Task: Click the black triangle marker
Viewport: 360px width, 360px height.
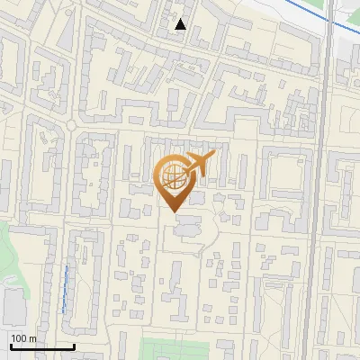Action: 181,24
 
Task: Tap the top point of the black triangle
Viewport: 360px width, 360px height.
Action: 181,19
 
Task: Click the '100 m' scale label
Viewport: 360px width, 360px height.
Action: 23,337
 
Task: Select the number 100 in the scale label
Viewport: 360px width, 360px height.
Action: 19,337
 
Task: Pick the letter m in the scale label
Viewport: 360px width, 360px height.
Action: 32,337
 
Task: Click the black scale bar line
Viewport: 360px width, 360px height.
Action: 41,346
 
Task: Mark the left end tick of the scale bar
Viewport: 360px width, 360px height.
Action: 10,345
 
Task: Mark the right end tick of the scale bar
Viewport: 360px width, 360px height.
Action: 74,345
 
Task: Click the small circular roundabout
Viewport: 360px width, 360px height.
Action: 70,125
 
